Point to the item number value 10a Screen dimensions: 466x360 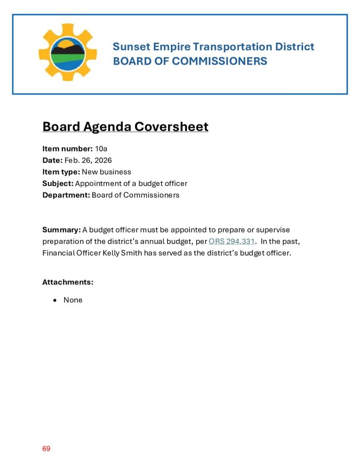tap(101, 149)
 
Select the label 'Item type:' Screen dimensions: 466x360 tap(61, 172)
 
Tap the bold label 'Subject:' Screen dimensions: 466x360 tap(58, 183)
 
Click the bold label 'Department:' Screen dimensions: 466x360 tap(66, 195)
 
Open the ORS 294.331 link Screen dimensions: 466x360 tap(231, 241)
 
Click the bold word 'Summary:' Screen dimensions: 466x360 tap(61, 229)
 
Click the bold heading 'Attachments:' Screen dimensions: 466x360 tap(68, 282)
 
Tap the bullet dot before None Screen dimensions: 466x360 tap(55, 300)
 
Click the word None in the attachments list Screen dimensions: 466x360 tap(73, 300)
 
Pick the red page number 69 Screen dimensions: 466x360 tap(46, 449)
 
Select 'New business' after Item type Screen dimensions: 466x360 tap(106, 172)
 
